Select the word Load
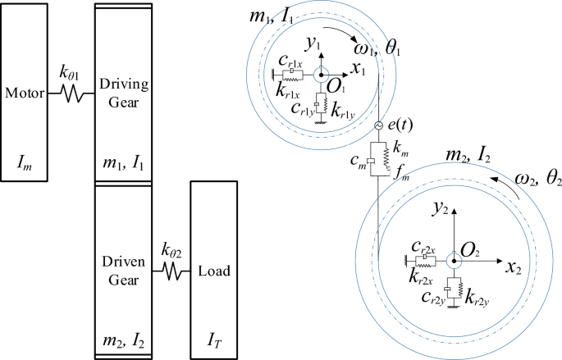click(216, 271)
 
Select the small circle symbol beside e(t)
click(378, 125)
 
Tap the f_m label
click(402, 174)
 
